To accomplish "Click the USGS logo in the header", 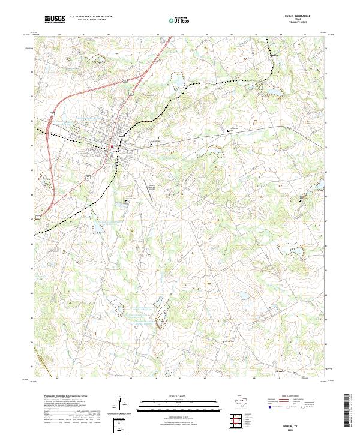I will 55,20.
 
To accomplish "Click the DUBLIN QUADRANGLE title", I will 301,17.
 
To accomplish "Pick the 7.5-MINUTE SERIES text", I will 302,23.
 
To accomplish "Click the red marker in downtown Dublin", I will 112,146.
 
